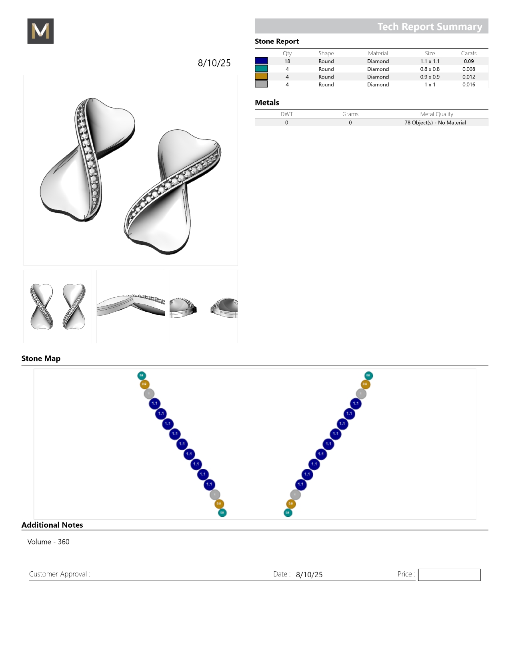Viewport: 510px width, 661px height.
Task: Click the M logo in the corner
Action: [40, 31]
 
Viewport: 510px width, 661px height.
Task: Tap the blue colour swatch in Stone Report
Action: [261, 61]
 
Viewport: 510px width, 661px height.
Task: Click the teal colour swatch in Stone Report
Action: [261, 69]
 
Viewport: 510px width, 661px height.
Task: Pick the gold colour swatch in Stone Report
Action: [261, 77]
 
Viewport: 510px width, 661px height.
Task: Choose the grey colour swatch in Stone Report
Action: [261, 84]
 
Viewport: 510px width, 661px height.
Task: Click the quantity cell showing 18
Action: [287, 61]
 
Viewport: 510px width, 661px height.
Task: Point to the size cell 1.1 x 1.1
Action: [430, 61]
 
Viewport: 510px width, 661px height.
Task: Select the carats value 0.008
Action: [468, 69]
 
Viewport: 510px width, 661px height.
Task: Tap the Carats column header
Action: [468, 53]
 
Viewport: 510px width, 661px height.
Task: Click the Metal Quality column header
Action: [436, 114]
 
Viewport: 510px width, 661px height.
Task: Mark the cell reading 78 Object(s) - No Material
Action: [435, 123]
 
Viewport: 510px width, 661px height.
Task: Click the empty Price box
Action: [449, 575]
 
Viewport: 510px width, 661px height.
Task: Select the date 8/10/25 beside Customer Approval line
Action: [309, 574]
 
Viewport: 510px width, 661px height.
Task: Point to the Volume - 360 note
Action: [48, 542]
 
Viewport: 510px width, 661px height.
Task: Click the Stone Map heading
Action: [41, 359]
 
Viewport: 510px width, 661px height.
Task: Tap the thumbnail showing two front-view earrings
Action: [58, 306]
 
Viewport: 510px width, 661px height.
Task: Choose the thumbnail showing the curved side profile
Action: [131, 306]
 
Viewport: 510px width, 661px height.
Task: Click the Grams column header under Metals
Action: [350, 114]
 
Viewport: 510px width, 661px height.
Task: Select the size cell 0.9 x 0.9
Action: [430, 77]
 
